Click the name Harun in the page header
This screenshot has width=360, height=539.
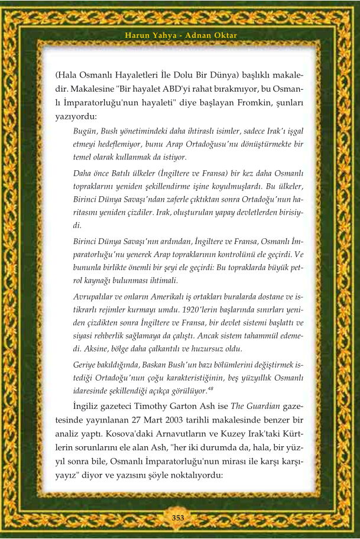point(137,35)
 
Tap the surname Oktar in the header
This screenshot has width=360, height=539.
point(224,35)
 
